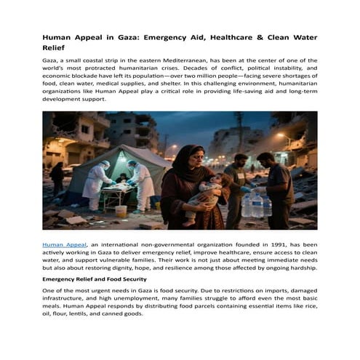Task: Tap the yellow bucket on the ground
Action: (x=121, y=211)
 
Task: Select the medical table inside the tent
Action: (x=116, y=191)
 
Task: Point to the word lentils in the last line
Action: (x=80, y=314)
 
